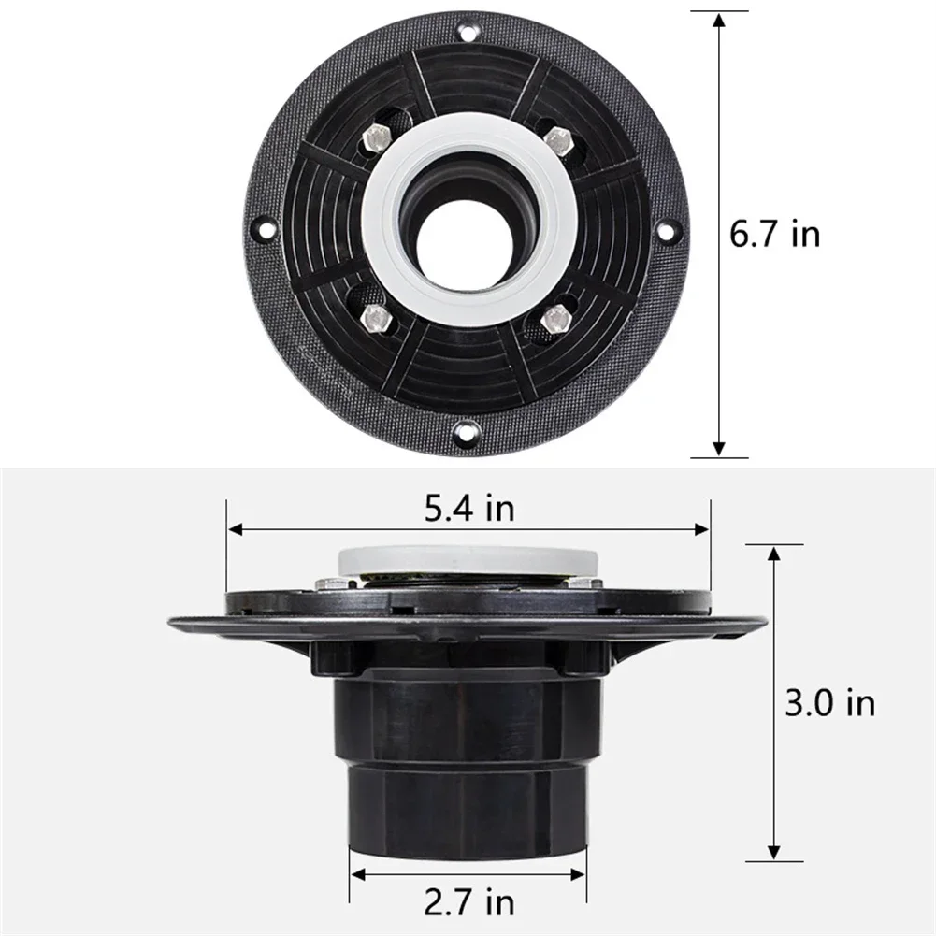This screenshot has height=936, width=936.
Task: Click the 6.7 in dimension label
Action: click(x=774, y=234)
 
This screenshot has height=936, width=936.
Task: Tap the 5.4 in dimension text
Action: click(x=469, y=509)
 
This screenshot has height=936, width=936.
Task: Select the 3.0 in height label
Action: click(x=829, y=702)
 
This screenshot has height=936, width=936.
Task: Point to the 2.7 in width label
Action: click(x=469, y=903)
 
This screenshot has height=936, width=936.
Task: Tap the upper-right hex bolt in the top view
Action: click(x=558, y=140)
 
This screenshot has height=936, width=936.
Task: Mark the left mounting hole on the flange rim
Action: click(x=265, y=227)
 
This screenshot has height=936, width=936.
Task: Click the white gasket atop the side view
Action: click(x=468, y=562)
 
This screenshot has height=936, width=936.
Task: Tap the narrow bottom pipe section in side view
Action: click(x=468, y=809)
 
